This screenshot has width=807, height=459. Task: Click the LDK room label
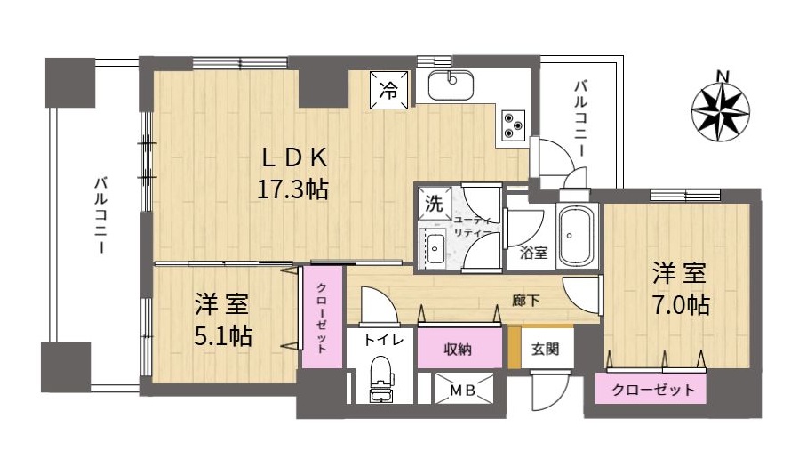coord(294,158)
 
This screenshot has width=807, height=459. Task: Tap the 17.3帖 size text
coord(292,190)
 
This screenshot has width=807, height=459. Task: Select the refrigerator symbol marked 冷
coord(389,91)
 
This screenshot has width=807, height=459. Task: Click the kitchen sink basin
coord(451,85)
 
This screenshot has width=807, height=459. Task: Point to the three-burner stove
coord(513,125)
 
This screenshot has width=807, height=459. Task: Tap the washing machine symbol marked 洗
coord(434,204)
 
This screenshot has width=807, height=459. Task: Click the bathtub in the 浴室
coord(579,236)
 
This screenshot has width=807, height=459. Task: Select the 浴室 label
coord(534,253)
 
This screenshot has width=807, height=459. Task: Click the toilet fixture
coord(381,378)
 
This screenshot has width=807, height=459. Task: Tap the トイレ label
coord(381,341)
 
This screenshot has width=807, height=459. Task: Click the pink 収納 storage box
coord(459,349)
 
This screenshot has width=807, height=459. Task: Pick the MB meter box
coord(464,390)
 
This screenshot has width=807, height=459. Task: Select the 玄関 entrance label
coord(546,350)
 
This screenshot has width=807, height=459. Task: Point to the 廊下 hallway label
coord(525,301)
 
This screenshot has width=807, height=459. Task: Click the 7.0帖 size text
coord(681,305)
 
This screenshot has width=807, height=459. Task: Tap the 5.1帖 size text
coord(223,336)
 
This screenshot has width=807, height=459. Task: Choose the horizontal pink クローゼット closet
coord(651,388)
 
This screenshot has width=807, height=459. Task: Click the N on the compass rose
coord(723,76)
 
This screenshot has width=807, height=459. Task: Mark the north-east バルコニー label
coord(580,118)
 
